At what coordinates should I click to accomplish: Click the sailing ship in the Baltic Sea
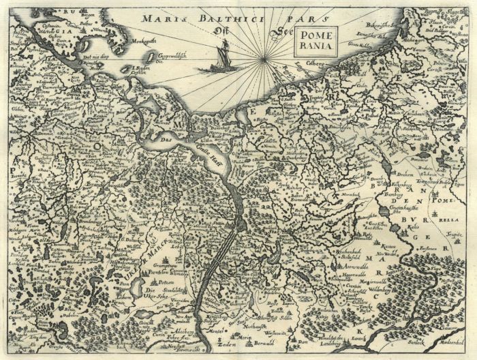223,57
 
